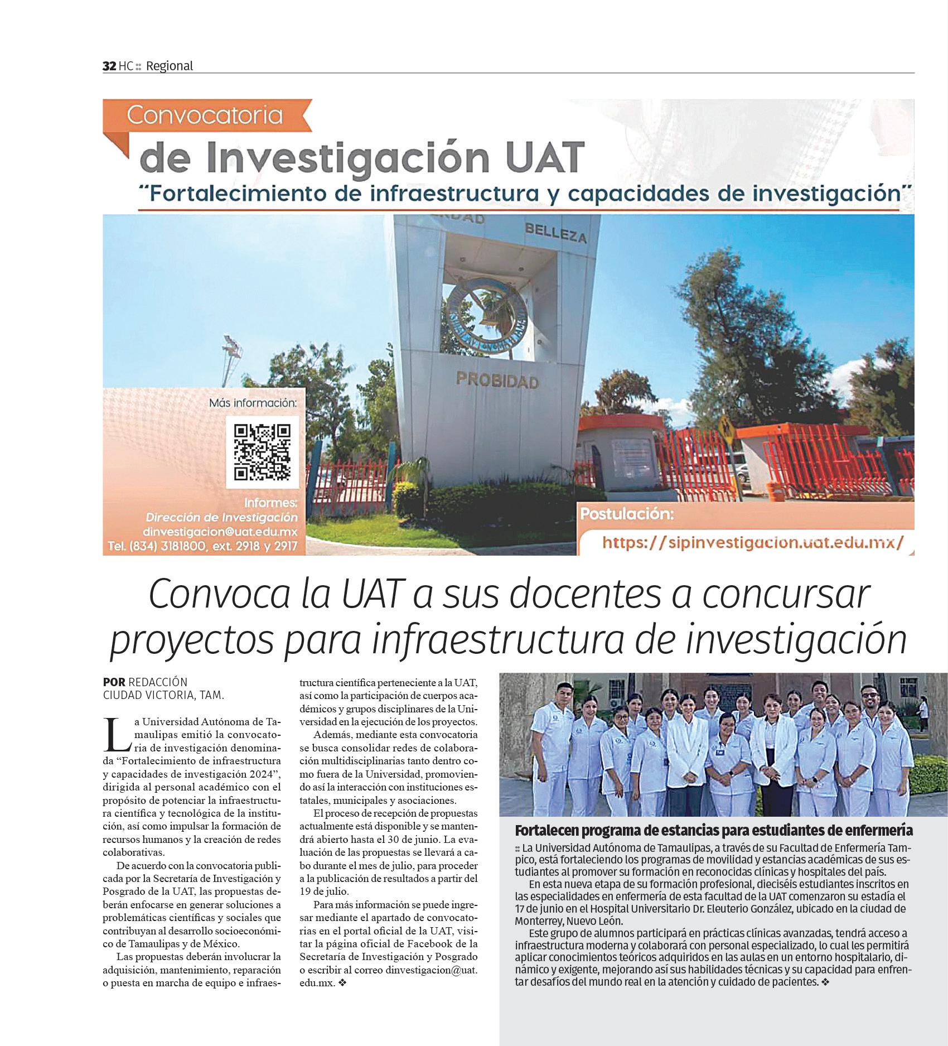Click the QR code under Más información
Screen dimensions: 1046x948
(262, 452)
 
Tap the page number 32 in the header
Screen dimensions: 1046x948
(109, 66)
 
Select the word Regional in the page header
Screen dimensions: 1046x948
(169, 66)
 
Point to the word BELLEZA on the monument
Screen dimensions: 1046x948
(555, 234)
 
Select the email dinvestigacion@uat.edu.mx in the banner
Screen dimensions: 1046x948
(220, 532)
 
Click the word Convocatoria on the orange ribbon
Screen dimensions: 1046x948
(204, 115)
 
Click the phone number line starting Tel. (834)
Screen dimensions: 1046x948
(203, 547)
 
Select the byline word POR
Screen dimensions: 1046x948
(114, 682)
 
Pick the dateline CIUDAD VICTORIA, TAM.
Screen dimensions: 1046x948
(163, 696)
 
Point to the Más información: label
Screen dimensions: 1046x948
(253, 403)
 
